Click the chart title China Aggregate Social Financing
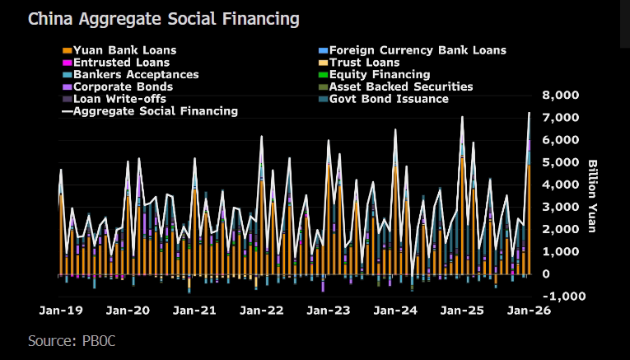click(x=164, y=18)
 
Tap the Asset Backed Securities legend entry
click(x=401, y=86)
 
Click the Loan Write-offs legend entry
click(x=119, y=99)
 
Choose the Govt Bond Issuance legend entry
click(x=389, y=99)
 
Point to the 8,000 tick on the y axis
click(x=558, y=96)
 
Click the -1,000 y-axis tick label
click(x=558, y=296)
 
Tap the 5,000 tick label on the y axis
click(x=558, y=162)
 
